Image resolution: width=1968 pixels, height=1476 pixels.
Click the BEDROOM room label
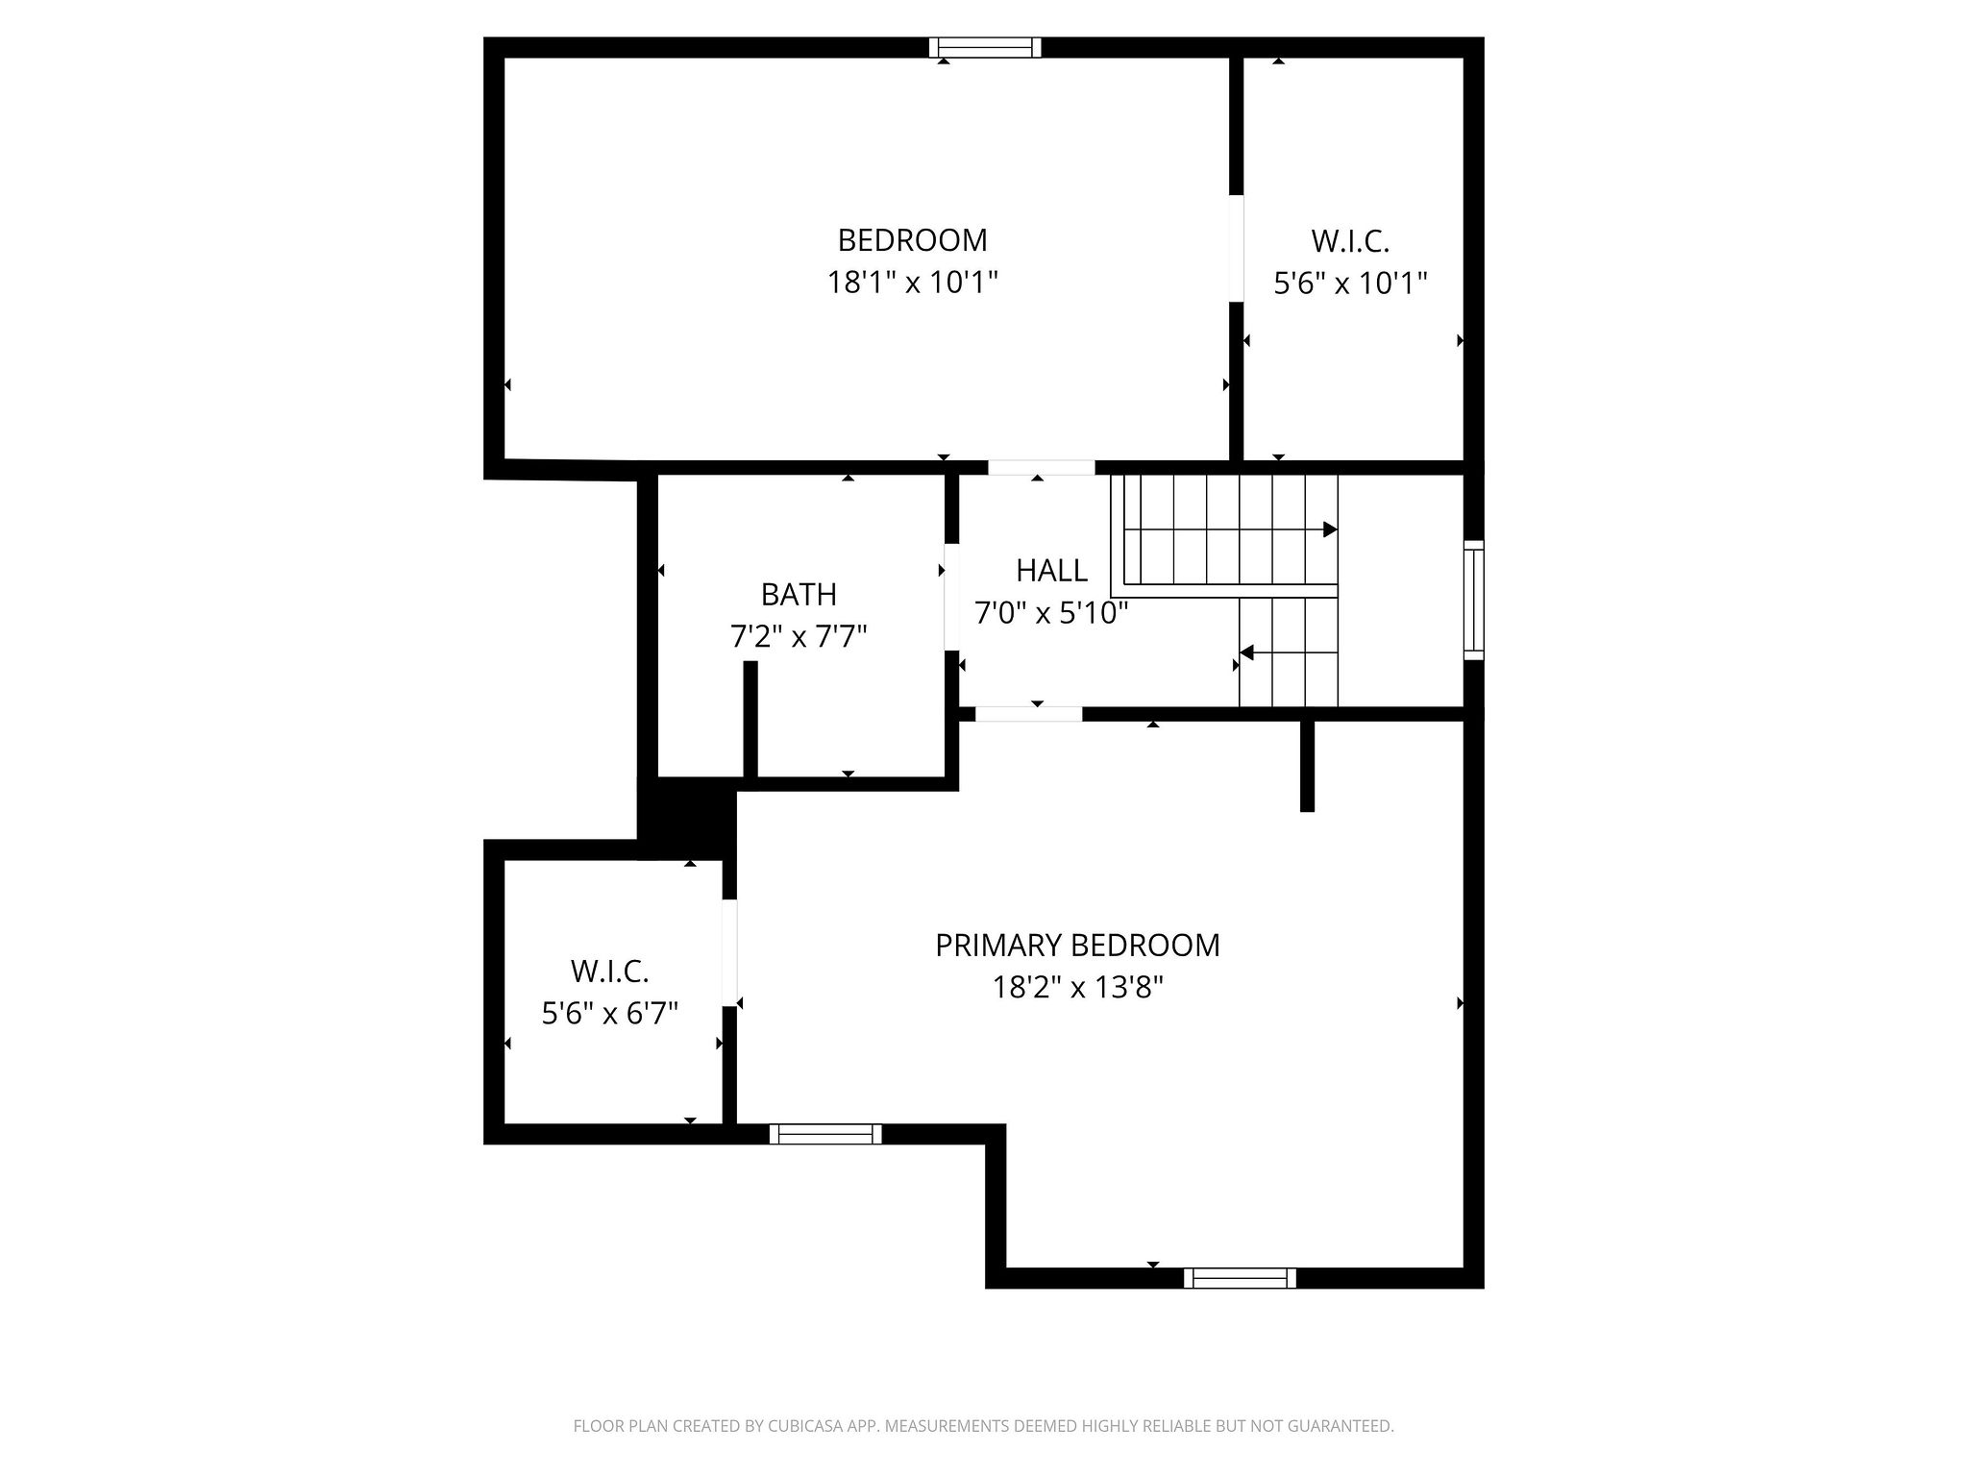point(912,239)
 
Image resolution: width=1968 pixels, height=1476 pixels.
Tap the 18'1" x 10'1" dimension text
point(912,283)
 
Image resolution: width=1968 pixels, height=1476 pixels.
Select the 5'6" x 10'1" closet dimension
point(1350,283)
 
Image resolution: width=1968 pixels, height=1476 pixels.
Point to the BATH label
point(799,595)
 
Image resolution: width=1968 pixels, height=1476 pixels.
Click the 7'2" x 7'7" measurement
point(799,637)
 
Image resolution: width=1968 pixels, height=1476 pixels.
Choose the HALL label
point(1051,571)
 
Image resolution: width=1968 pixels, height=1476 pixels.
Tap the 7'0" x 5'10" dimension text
point(1051,613)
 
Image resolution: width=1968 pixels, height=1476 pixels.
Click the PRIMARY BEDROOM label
point(1077,946)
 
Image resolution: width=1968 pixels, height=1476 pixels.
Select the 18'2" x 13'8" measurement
point(1077,988)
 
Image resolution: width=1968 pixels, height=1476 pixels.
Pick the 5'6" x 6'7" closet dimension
point(610,1014)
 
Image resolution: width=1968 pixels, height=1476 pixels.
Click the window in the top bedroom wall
point(985,48)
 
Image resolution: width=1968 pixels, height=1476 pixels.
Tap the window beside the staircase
point(1473,600)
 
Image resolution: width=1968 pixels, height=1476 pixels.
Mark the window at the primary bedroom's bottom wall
point(1240,1278)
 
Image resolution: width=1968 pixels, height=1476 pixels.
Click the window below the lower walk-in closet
point(825,1134)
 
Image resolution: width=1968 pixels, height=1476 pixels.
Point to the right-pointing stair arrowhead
point(1330,529)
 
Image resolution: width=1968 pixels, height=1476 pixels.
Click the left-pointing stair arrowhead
point(1247,653)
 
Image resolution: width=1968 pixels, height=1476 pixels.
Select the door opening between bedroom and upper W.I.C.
point(1237,248)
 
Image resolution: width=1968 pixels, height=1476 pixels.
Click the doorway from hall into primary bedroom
point(1028,714)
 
